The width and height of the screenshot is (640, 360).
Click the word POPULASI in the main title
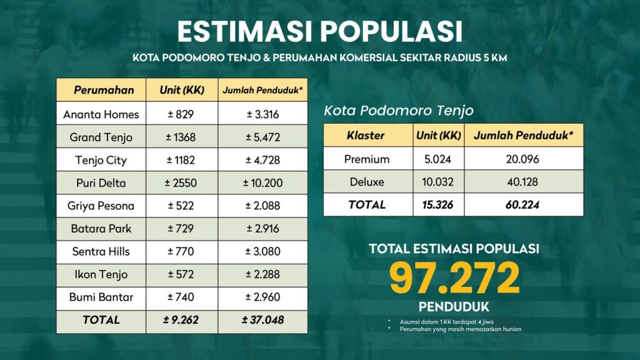tap(391, 31)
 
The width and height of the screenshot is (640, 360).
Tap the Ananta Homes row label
tap(101, 114)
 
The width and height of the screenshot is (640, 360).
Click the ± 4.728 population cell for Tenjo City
tap(263, 160)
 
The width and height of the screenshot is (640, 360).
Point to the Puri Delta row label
tap(101, 183)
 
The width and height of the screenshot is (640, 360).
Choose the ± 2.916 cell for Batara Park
tap(263, 229)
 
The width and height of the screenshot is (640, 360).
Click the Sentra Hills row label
tap(101, 251)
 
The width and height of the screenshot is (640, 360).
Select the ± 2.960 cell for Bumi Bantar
tap(263, 297)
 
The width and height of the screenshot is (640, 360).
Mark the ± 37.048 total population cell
tap(263, 320)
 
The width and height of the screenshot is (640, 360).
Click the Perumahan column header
tap(104, 90)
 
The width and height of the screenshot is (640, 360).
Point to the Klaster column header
tap(366, 136)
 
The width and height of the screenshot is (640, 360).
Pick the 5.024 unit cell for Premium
tap(437, 159)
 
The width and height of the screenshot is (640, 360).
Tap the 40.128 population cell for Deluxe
tap(523, 182)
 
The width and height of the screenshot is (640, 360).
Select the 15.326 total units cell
tap(437, 205)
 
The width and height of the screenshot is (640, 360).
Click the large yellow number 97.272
tap(454, 278)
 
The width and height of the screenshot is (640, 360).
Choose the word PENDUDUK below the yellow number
tap(454, 307)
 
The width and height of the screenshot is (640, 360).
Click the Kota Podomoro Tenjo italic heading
tap(399, 111)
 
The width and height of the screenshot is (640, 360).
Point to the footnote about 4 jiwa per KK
tap(446, 322)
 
